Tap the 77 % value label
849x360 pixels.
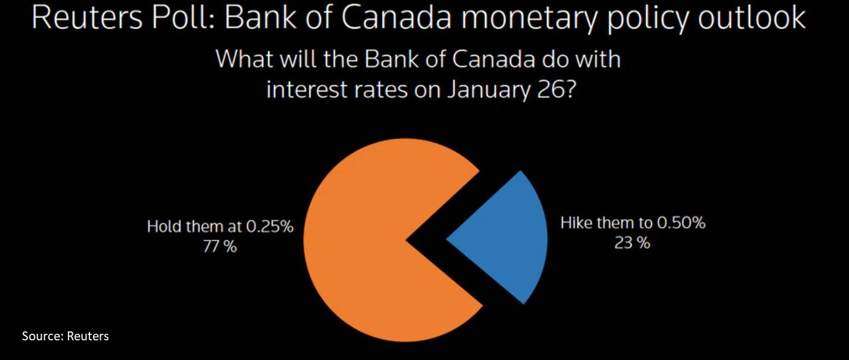pos(220,247)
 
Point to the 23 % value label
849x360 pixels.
pos(632,243)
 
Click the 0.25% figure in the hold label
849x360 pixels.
pos(270,226)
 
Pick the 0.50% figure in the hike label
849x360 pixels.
pos(681,223)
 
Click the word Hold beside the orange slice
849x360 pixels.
pos(163,226)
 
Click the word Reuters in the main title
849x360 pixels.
pos(87,18)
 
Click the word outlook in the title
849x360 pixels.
pos(752,18)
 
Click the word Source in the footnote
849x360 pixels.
pos(41,336)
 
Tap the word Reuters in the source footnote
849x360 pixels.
pos(88,336)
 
